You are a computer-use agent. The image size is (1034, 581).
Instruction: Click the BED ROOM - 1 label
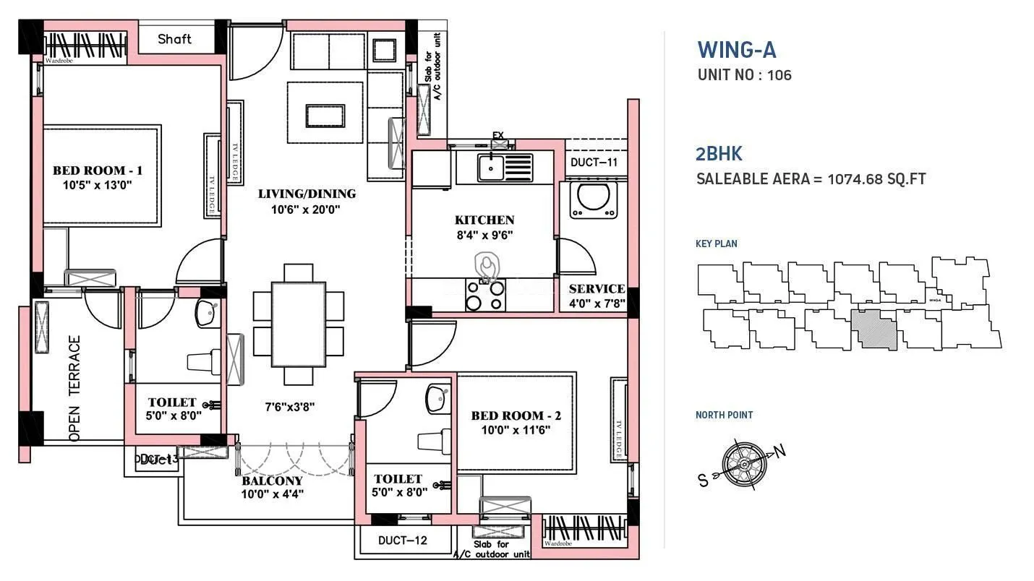click(x=98, y=171)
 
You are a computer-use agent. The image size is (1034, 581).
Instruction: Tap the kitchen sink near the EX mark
click(x=504, y=168)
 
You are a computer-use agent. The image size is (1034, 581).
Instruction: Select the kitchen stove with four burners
click(x=484, y=295)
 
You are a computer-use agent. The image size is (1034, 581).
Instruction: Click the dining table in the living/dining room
click(x=299, y=324)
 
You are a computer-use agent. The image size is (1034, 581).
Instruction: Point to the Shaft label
click(x=175, y=39)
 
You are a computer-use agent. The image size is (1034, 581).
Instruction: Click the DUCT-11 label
click(x=594, y=163)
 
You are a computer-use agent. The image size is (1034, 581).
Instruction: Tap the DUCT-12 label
click(x=402, y=540)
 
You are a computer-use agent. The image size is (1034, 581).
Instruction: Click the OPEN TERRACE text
click(x=74, y=388)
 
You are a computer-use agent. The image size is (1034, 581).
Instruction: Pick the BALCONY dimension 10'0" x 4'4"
click(x=273, y=494)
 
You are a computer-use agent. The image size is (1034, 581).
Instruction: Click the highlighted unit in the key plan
click(x=876, y=330)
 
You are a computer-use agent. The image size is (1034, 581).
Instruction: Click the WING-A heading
click(x=736, y=50)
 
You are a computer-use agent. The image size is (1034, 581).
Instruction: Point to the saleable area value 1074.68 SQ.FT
click(x=876, y=178)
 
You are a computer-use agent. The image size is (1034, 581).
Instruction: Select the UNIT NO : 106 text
click(x=744, y=74)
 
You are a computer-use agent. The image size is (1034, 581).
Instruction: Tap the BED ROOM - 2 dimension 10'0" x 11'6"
click(x=516, y=430)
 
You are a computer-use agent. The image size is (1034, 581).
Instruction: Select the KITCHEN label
click(x=484, y=220)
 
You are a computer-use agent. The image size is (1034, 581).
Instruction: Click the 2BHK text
click(x=719, y=153)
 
